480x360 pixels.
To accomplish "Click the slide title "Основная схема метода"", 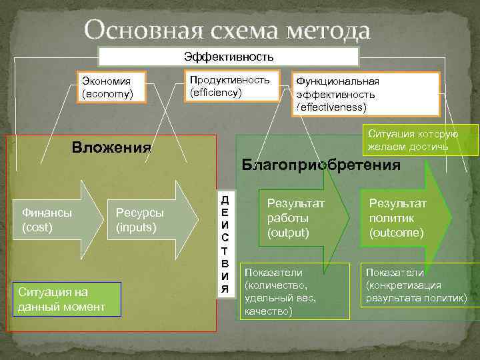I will pos(227,30).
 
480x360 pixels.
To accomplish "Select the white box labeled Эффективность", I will pos(229,57).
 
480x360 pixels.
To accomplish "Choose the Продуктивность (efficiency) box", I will pos(230,85).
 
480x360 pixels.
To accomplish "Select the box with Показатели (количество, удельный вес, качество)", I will pos(295,291).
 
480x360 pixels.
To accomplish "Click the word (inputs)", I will pos(135,227).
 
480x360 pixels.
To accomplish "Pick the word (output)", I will pos(288,233).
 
